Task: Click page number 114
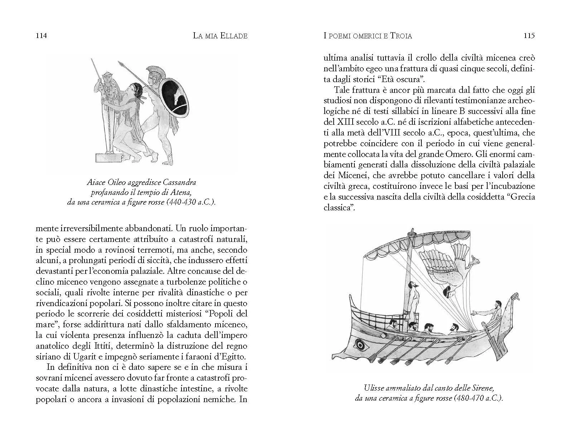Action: [42, 35]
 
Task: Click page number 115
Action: [529, 35]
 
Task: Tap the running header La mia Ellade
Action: [220, 35]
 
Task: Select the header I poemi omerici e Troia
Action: [367, 35]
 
